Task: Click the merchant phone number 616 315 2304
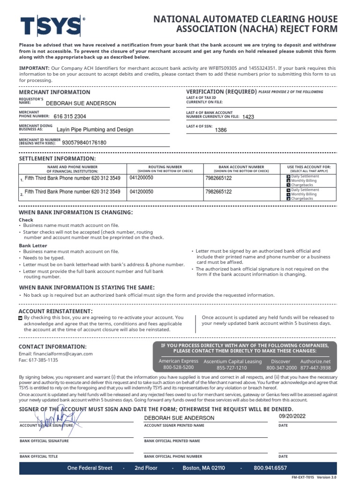(x=70, y=116)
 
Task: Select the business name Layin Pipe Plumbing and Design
(x=95, y=129)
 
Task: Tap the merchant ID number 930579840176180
(x=84, y=142)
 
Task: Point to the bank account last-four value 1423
(x=248, y=117)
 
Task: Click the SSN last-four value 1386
(x=221, y=130)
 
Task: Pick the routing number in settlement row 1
(x=141, y=178)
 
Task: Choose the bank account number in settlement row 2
(x=218, y=192)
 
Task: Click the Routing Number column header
(x=165, y=166)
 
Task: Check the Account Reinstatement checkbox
(x=20, y=318)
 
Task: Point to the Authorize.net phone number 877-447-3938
(x=315, y=368)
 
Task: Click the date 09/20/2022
(x=292, y=416)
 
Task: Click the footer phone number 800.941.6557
(x=270, y=468)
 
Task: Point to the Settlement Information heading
(x=57, y=159)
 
